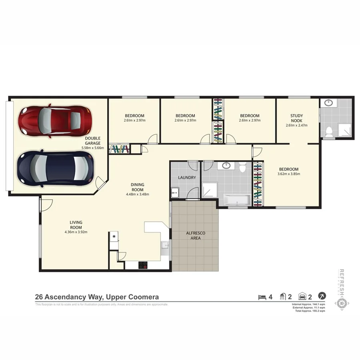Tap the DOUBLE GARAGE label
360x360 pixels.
click(93, 140)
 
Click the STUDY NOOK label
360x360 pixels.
click(296, 118)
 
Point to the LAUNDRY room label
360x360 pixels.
click(187, 178)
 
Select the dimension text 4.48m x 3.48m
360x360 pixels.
click(137, 195)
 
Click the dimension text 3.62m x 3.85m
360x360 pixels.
click(288, 174)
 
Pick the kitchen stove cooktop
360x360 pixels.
click(143, 265)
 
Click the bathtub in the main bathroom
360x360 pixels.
click(236, 200)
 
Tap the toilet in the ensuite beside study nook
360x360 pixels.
click(329, 131)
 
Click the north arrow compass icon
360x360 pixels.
click(322, 296)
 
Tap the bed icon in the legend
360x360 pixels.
click(262, 297)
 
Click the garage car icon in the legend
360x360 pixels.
click(302, 297)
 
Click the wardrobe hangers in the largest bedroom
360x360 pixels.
click(258, 184)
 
